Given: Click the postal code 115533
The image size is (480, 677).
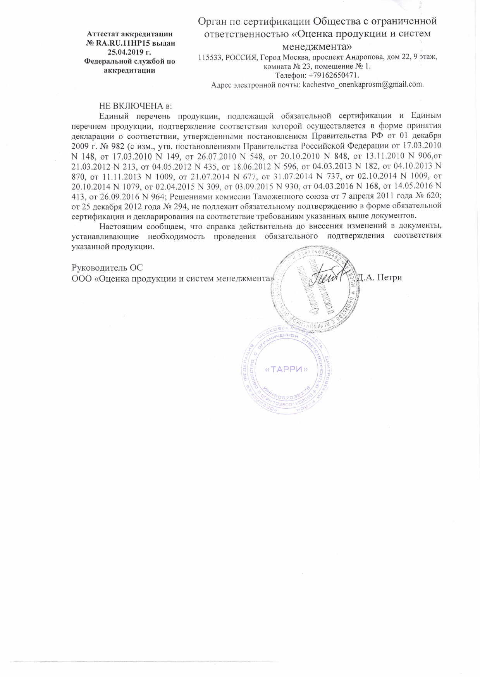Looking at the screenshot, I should pos(208,58).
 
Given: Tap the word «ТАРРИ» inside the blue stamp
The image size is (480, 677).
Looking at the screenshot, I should pos(286,369).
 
